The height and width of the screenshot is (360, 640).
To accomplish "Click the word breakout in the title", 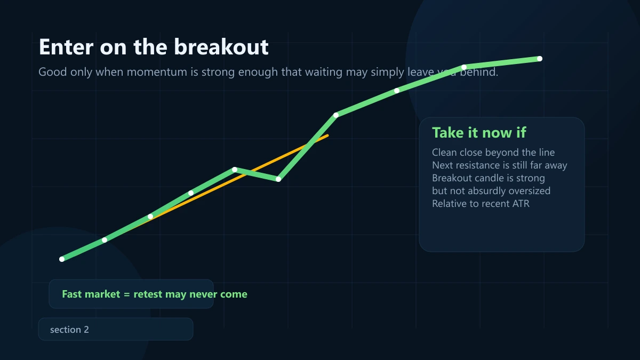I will (x=222, y=47).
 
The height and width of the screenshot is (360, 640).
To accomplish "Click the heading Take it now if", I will (x=479, y=133).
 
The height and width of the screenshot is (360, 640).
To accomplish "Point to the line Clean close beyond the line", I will (x=493, y=153).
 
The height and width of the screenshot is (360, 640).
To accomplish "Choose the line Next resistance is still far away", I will (x=500, y=165).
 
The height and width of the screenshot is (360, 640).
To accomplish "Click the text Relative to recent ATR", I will (x=481, y=203).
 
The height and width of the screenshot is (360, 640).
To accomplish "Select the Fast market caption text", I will (x=155, y=294).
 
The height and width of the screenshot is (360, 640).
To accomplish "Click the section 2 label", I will (x=69, y=330).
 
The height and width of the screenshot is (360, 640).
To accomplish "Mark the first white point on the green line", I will (x=62, y=259).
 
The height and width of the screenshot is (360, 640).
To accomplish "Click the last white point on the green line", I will (x=540, y=59).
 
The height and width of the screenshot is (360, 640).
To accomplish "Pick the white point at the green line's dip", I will (x=278, y=179).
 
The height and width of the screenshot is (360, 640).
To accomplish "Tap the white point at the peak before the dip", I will (x=235, y=170).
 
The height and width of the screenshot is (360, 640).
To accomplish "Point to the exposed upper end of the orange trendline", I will (x=327, y=135).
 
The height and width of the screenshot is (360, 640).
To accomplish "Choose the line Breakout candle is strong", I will (x=489, y=178).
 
